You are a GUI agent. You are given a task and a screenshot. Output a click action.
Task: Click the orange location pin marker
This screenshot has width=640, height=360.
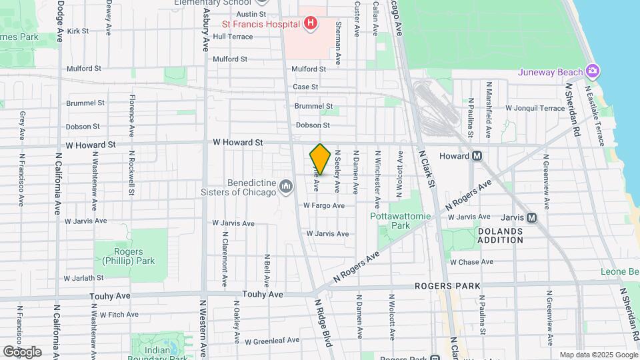320,159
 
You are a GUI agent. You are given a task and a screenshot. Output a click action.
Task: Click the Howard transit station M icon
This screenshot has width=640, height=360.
477,156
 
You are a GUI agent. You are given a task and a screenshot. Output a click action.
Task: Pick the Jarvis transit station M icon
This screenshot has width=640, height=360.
531,217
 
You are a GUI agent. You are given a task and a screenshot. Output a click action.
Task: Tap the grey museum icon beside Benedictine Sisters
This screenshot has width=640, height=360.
286,185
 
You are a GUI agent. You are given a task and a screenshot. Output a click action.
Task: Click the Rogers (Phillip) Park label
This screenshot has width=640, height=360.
119,257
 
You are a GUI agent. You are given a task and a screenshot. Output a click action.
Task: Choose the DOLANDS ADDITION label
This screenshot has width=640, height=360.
500,235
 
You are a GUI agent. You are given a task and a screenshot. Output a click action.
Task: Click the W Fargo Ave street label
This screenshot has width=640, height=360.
323,206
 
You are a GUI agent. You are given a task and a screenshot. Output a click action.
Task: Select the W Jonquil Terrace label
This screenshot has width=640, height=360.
535,107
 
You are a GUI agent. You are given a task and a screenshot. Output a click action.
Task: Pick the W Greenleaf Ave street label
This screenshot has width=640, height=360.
272,341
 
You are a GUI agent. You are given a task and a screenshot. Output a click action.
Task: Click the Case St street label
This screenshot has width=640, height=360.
305,87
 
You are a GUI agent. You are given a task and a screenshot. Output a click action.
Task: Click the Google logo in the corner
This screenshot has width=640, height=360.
22,351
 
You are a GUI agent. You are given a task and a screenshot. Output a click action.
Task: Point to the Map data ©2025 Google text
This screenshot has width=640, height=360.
598,355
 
